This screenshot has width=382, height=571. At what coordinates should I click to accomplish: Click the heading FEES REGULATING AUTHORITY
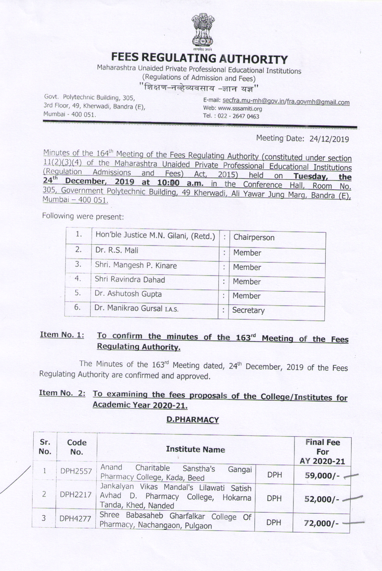tap(199, 59)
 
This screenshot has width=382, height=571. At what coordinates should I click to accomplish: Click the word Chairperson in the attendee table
tap(254, 237)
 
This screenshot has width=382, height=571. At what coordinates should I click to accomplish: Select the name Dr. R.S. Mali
tap(116, 250)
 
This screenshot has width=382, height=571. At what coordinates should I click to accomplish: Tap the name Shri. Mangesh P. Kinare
tap(136, 265)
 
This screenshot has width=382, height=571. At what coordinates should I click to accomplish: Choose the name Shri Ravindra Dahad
tap(129, 280)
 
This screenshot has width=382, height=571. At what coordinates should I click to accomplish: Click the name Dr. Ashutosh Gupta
tap(128, 294)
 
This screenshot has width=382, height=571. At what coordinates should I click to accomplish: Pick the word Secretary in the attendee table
tap(248, 311)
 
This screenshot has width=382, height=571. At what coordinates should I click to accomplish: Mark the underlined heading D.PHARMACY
tap(192, 420)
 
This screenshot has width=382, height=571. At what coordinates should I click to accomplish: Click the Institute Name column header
tap(195, 449)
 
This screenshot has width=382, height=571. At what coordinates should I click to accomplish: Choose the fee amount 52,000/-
tap(322, 499)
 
